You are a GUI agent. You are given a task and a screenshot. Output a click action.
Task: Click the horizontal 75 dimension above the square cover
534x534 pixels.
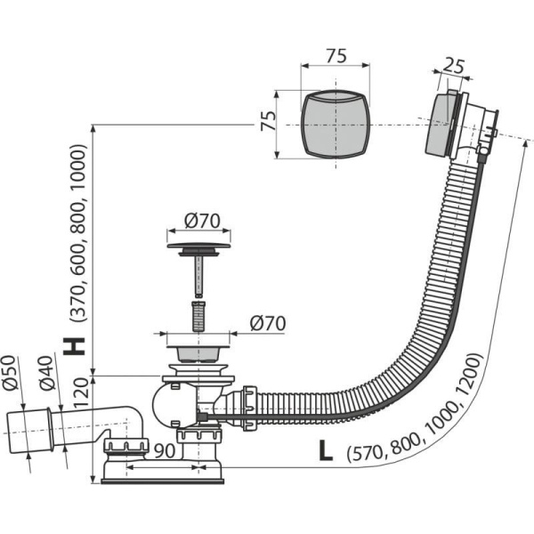pyautogui.click(x=336, y=56)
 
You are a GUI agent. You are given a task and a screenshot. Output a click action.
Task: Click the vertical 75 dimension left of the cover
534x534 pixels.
pyautogui.click(x=269, y=121)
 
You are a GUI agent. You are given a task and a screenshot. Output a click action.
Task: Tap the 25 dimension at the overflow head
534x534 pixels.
pyautogui.click(x=454, y=67)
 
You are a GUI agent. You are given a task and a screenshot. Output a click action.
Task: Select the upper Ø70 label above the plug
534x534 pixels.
pyautogui.click(x=202, y=221)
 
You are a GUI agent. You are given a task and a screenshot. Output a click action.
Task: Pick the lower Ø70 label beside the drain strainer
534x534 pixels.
pyautogui.click(x=268, y=323)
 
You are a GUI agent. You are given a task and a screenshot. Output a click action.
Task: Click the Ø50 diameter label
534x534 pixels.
pyautogui.click(x=9, y=373)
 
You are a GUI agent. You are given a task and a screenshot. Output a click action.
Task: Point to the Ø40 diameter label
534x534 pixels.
pyautogui.click(x=46, y=373)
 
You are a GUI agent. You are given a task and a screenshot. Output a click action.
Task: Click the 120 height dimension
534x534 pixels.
pyautogui.click(x=81, y=393)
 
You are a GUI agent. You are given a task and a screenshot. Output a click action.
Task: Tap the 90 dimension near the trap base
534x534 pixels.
pyautogui.click(x=165, y=450)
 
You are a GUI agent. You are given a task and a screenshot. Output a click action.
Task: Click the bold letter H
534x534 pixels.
pyautogui.click(x=74, y=347)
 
